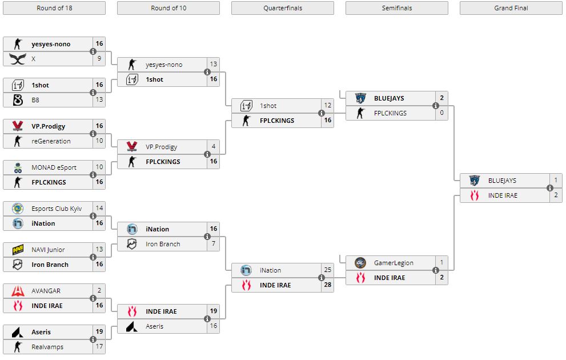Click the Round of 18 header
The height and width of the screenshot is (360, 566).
[54, 8]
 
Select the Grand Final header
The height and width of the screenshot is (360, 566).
[511, 8]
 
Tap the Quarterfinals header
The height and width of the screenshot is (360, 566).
[282, 8]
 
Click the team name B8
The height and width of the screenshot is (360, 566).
[35, 100]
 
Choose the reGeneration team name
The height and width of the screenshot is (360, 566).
[51, 141]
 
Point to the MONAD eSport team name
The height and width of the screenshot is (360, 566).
[54, 167]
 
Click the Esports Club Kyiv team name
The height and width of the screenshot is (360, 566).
[56, 209]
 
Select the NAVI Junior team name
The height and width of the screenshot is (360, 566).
[48, 250]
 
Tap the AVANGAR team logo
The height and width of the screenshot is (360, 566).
[18, 291]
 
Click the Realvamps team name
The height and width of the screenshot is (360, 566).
[47, 347]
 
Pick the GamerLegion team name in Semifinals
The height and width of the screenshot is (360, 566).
[394, 263]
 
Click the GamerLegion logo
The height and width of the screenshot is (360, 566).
[360, 263]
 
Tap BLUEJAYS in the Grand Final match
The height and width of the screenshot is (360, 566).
[502, 181]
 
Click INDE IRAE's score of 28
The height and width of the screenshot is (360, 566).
[327, 285]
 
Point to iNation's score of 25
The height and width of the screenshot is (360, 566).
[327, 270]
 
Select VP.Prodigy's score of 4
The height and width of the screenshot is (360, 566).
[213, 147]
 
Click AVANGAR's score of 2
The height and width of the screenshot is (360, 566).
[99, 291]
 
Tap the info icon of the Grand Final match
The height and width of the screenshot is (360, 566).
[549, 188]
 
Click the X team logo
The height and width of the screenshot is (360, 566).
[18, 59]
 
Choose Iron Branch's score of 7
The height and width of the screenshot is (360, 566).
[213, 244]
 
